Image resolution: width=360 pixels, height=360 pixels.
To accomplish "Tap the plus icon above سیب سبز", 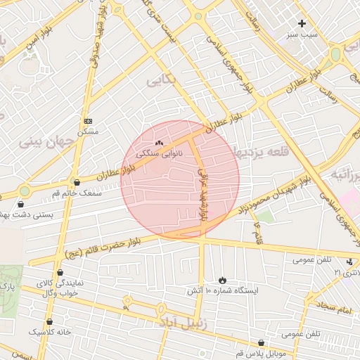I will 302,23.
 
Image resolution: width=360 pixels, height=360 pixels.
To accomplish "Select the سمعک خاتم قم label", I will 77,192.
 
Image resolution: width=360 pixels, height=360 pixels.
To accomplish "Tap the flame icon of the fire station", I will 223,280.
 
